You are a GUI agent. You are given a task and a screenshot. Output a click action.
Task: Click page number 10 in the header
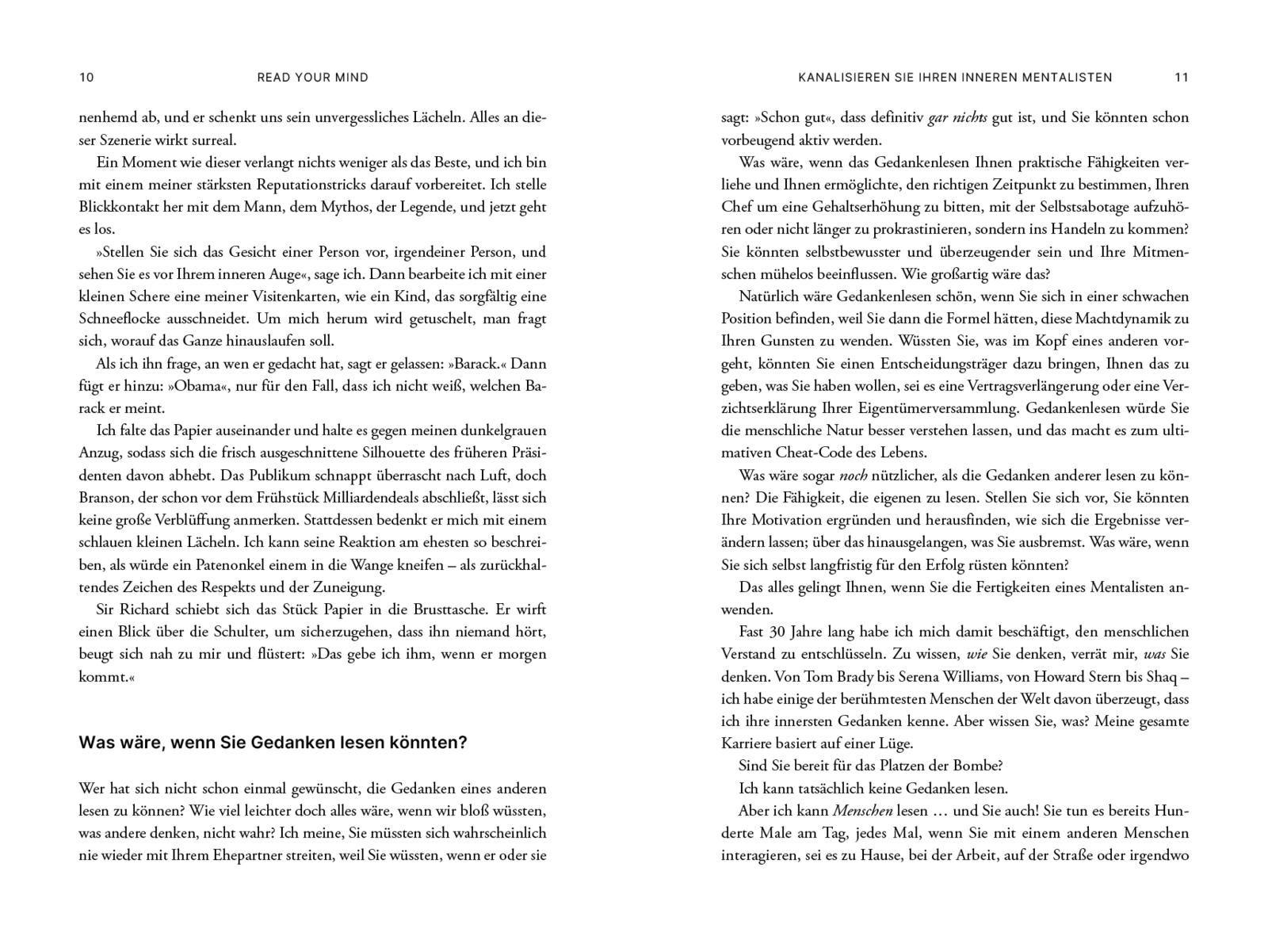point(87,78)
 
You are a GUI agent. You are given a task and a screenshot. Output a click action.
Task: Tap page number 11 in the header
point(1181,78)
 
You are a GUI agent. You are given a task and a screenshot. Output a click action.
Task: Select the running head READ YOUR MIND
point(313,78)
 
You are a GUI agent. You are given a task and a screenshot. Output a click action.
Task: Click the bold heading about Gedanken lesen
point(273,743)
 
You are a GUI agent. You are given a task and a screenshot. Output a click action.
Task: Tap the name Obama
point(197,387)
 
